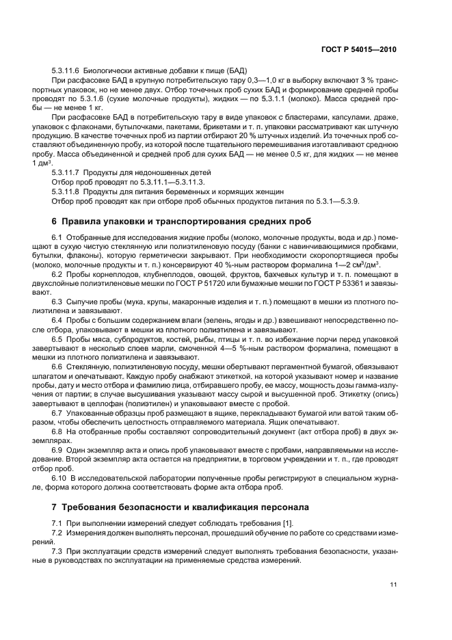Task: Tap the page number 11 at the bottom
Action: pos(393,585)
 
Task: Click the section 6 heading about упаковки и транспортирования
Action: pos(181,221)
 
